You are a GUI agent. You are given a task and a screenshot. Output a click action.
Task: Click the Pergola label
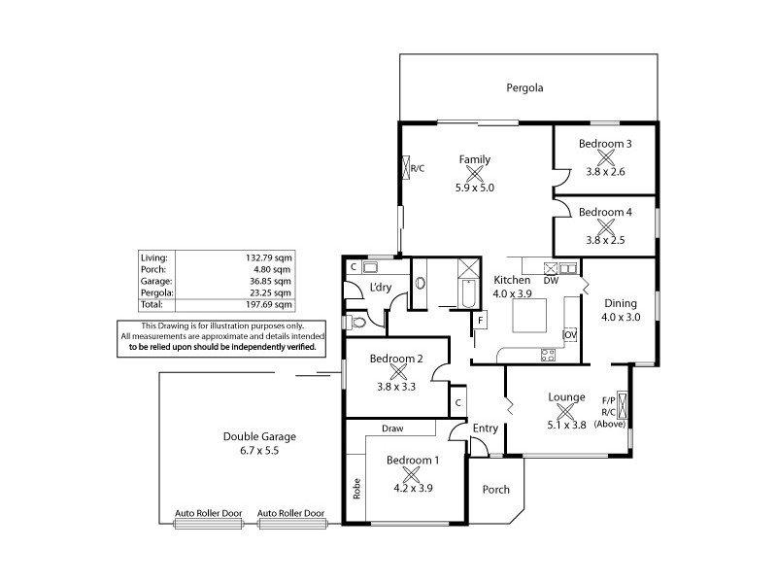click(524, 88)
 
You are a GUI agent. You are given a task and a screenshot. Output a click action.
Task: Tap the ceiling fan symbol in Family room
click(475, 174)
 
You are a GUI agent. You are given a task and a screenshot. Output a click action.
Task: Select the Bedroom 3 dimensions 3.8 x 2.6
click(606, 171)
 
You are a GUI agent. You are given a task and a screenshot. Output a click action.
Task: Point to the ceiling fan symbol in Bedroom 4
click(606, 225)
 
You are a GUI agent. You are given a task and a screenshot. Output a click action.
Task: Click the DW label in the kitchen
click(551, 281)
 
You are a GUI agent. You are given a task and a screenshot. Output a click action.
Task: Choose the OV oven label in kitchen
click(570, 334)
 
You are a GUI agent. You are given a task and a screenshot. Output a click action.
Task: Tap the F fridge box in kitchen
click(479, 319)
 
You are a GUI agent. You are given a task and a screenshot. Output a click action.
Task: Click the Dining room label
click(621, 302)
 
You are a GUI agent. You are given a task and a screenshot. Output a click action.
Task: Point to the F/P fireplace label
click(609, 400)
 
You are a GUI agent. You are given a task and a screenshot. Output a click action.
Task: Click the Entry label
click(485, 429)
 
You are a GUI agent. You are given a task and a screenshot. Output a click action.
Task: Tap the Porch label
click(496, 490)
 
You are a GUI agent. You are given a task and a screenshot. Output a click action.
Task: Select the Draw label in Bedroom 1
click(392, 429)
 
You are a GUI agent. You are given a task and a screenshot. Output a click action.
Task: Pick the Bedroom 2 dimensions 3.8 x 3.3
click(396, 386)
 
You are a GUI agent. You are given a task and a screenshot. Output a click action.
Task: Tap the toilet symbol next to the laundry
click(353, 323)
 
